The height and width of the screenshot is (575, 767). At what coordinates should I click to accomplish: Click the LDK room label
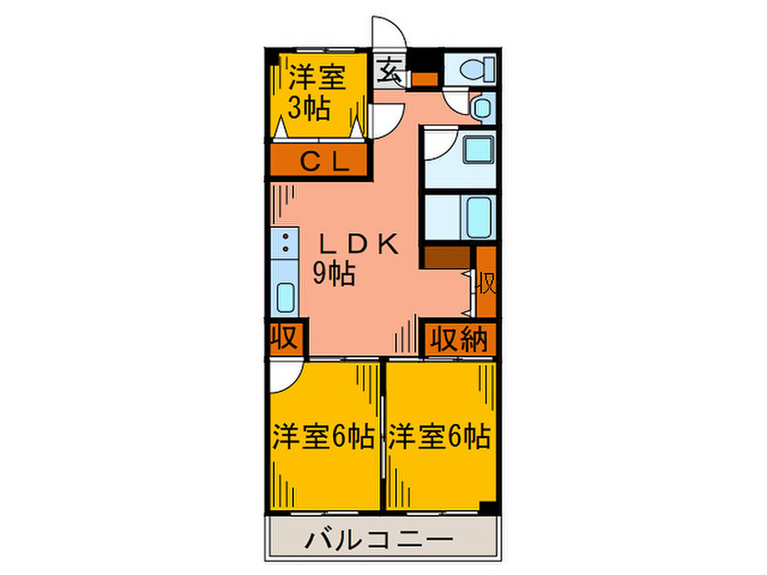pos(359,243)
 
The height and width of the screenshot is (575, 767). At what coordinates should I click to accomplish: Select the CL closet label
pos(325,162)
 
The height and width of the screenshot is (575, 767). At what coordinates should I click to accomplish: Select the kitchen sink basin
pos(285,297)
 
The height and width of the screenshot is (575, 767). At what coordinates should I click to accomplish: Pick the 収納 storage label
pos(459,339)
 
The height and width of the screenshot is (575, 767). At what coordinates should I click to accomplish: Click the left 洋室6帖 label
pos(324,436)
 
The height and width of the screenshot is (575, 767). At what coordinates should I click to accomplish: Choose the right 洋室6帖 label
pos(439,436)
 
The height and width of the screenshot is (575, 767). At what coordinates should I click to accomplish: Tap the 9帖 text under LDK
pos(334,273)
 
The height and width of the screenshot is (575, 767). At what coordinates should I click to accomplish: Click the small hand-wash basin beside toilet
pos(483,108)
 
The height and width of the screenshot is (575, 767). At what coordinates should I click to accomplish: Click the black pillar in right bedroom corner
pos(488,507)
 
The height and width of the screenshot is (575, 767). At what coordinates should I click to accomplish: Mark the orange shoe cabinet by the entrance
pos(425,79)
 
